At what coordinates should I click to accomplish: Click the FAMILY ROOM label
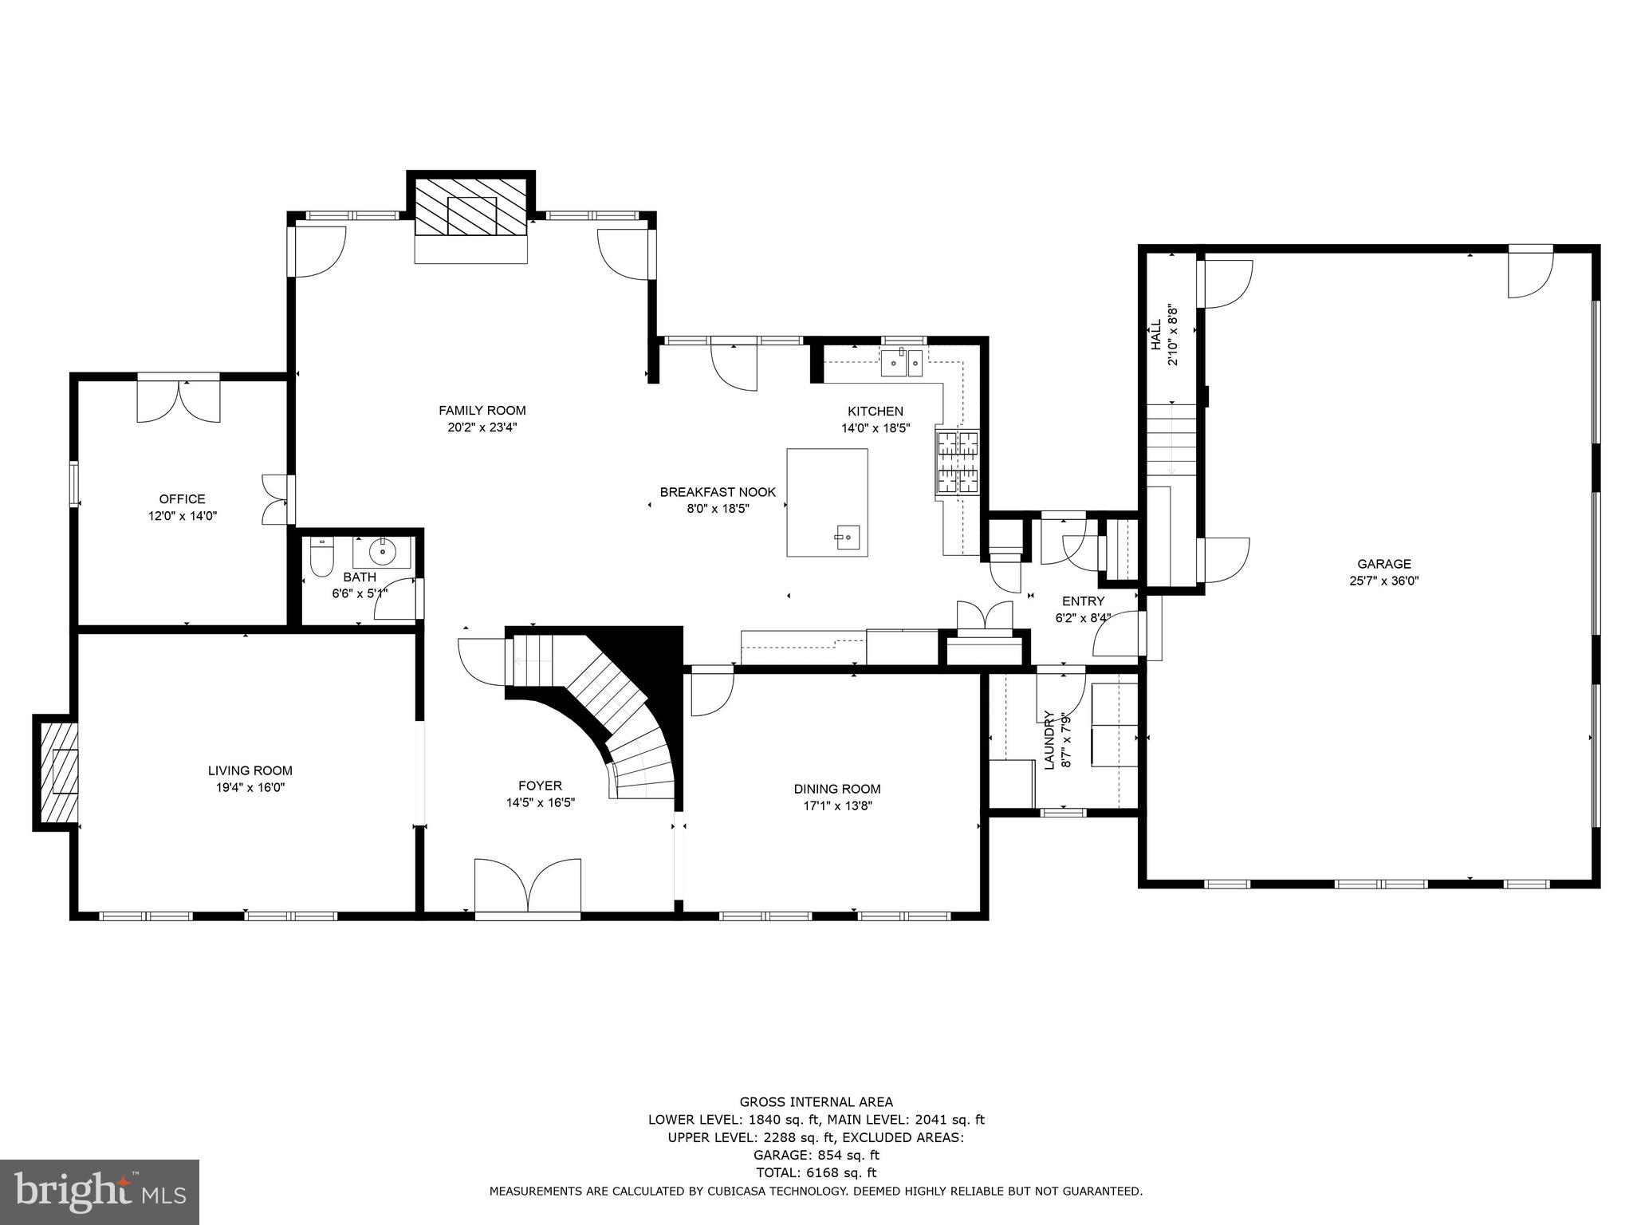pyautogui.click(x=482, y=411)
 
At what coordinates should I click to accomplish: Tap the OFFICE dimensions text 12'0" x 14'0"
pyautogui.click(x=182, y=516)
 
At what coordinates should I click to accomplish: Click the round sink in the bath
pyautogui.click(x=384, y=550)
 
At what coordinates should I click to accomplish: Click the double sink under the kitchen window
pyautogui.click(x=902, y=364)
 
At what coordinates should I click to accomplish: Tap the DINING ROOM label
pyautogui.click(x=836, y=789)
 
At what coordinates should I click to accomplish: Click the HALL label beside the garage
pyautogui.click(x=1155, y=335)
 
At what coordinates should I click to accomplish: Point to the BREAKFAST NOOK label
pyautogui.click(x=717, y=492)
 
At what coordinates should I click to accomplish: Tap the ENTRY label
pyautogui.click(x=1083, y=601)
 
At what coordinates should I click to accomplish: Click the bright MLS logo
pyautogui.click(x=99, y=1192)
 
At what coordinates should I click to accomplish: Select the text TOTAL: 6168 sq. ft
pyautogui.click(x=816, y=1172)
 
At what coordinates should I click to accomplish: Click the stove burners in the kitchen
pyautogui.click(x=957, y=463)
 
